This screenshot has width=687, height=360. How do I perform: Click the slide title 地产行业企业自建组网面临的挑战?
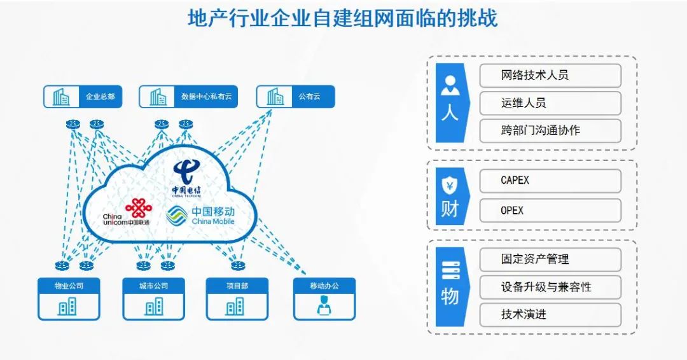click(342, 18)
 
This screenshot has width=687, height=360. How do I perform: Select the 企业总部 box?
click(83, 97)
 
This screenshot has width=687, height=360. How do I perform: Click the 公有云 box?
click(295, 97)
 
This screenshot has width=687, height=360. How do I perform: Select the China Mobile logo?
click(201, 215)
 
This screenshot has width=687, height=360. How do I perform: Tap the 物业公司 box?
click(69, 298)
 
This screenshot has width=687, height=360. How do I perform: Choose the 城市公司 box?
click(153, 298)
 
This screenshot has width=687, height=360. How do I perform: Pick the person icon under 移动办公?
click(324, 307)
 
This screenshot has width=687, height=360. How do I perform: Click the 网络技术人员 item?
click(550, 75)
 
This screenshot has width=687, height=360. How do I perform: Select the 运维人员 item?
click(550, 103)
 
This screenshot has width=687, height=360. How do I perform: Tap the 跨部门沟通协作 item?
click(550, 130)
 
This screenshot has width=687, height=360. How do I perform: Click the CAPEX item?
click(550, 181)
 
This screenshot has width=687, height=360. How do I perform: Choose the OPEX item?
click(550, 210)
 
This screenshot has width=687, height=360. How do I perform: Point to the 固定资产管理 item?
click(550, 260)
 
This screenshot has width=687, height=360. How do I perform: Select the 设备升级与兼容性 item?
click(550, 287)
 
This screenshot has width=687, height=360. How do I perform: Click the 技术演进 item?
click(550, 314)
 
